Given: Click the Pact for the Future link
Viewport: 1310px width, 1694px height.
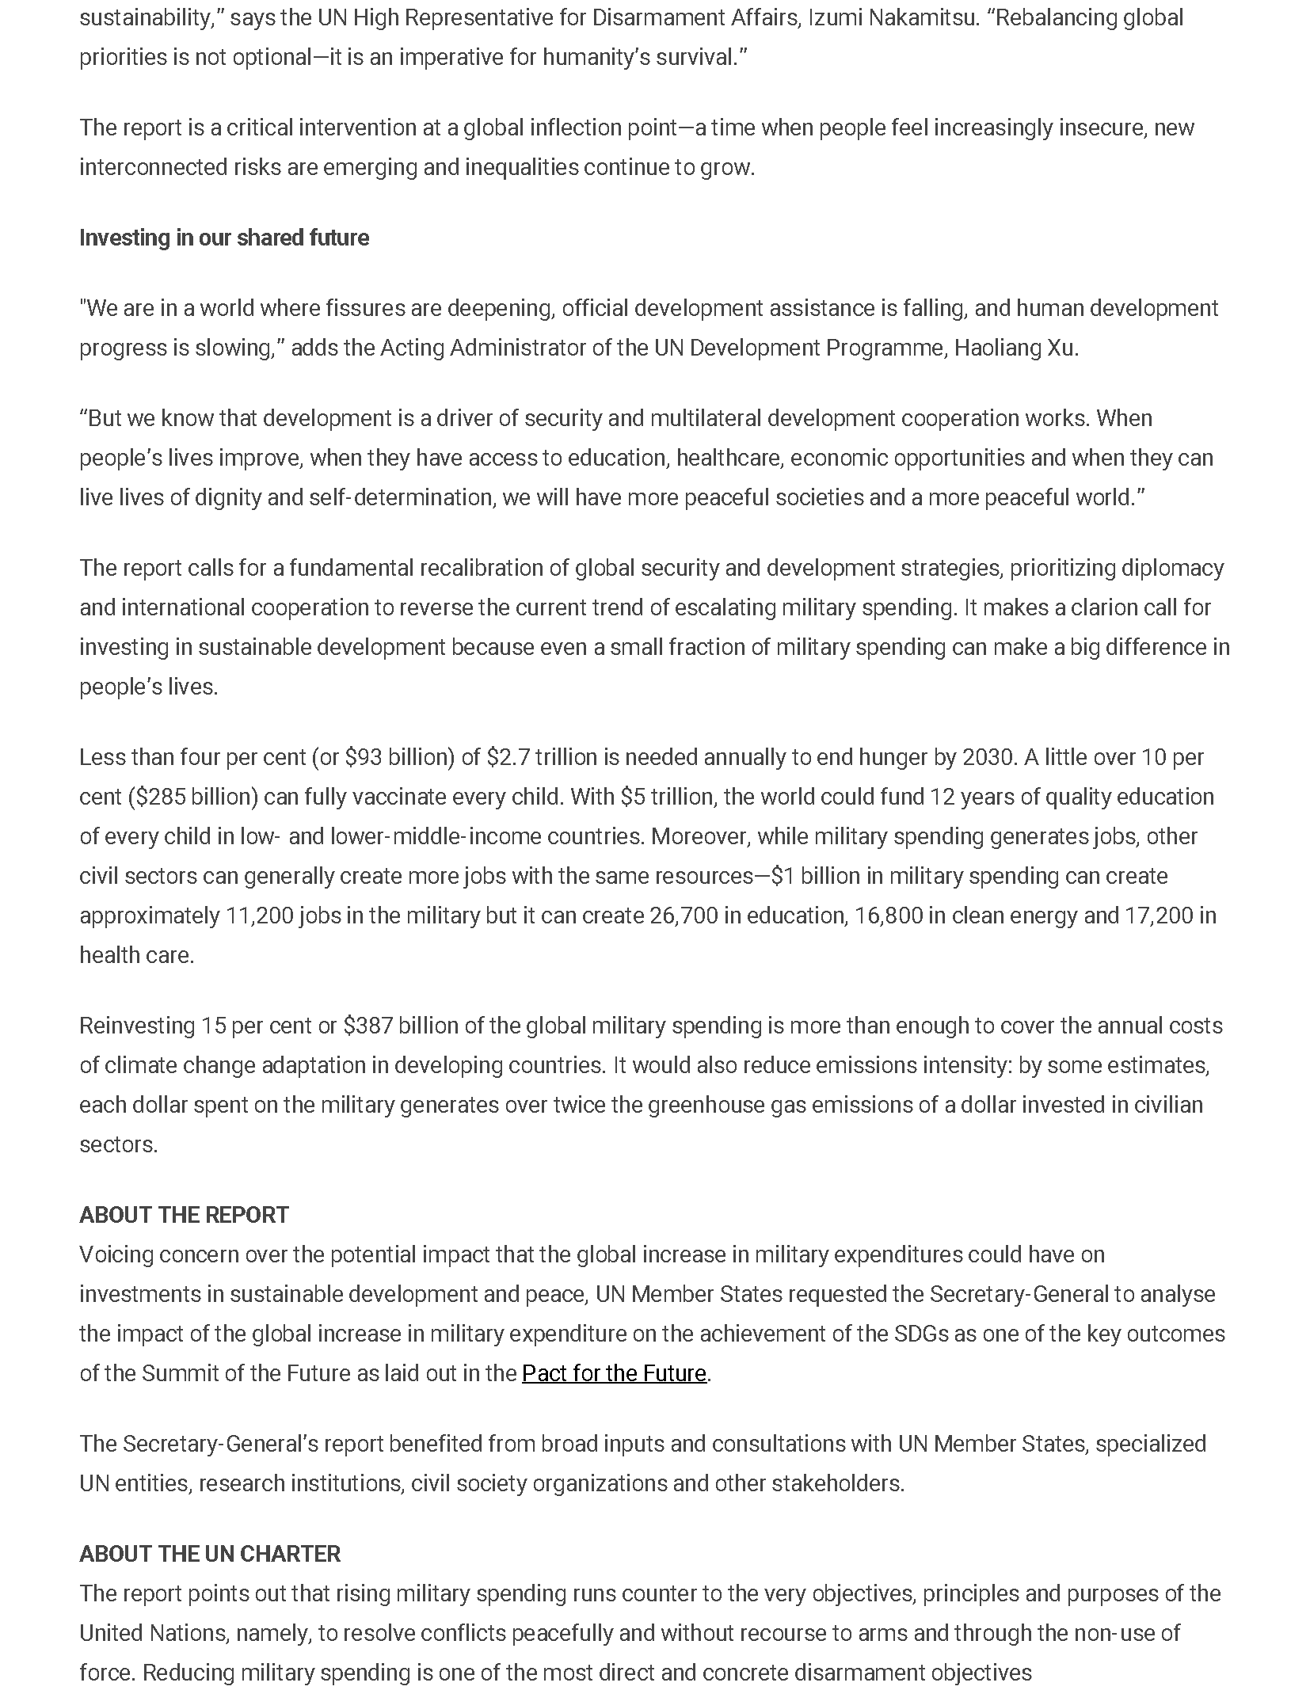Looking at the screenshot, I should pos(614,1372).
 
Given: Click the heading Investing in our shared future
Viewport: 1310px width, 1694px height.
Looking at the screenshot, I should pos(224,238).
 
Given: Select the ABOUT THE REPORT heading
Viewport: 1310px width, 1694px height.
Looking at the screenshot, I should pos(184,1214).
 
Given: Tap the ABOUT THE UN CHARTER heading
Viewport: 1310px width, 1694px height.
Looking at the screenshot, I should pos(210,1553).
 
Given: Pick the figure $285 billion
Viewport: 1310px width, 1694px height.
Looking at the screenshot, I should pos(193,797).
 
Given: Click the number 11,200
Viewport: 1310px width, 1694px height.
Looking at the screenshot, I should pos(260,916).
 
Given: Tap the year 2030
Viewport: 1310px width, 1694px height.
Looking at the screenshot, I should pos(988,757).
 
